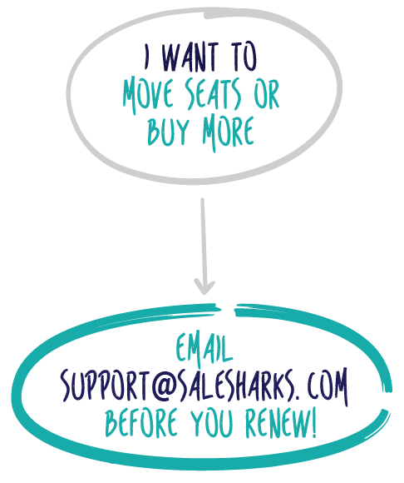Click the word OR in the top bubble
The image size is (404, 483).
pos(267,94)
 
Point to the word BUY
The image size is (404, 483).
pos(168,132)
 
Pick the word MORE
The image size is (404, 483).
pos(229,132)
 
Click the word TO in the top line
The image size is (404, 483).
pos(244,57)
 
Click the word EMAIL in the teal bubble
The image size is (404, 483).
pos(204,347)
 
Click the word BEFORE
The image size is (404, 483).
pos(141,423)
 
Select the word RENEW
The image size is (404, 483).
pos(277,423)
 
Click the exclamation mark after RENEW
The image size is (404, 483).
pos(313,423)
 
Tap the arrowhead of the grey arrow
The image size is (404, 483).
pos(204,287)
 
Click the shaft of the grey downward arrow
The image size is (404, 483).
pos(203,243)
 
